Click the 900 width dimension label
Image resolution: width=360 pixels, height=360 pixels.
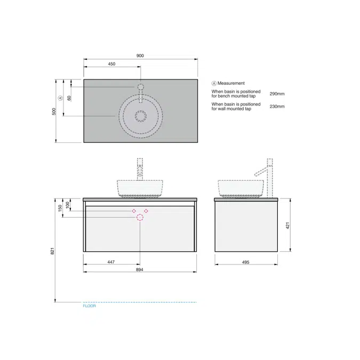(140, 55)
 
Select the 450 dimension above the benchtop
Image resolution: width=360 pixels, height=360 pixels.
(111, 64)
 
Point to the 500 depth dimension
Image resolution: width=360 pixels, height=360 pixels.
(54, 111)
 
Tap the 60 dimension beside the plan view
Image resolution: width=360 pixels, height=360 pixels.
(69, 98)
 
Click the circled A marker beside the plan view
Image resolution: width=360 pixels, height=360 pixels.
(60, 98)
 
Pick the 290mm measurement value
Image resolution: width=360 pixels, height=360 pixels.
(277, 94)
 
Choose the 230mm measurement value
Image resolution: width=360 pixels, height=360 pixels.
(277, 106)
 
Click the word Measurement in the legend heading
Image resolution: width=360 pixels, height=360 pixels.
(231, 83)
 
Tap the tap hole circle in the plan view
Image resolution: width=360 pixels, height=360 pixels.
(141, 87)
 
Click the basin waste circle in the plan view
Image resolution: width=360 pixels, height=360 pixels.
(141, 116)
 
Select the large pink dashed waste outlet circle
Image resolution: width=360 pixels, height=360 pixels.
(140, 217)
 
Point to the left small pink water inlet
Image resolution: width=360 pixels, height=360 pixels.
(134, 211)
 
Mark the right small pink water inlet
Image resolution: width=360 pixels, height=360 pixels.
(146, 211)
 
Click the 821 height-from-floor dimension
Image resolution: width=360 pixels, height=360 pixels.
(52, 251)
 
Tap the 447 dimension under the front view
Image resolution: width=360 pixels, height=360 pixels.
(111, 262)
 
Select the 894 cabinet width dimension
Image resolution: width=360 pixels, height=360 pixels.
(140, 269)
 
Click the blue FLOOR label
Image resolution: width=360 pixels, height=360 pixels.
(89, 306)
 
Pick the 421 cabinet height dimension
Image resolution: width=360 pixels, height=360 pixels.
(287, 226)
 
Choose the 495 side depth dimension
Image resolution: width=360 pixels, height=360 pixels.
(246, 262)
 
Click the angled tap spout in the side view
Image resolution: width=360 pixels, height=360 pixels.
(261, 171)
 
